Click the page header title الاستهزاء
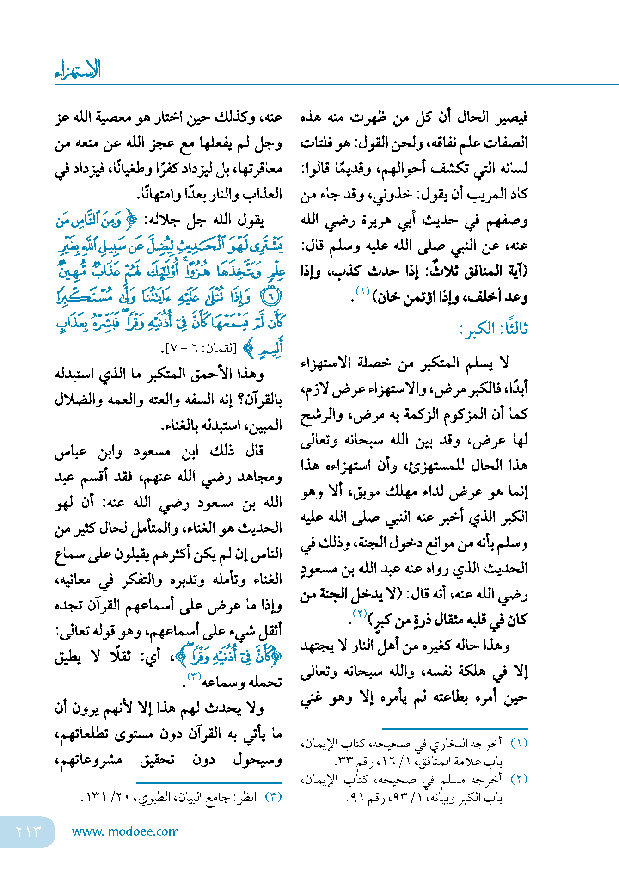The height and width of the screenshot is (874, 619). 77,70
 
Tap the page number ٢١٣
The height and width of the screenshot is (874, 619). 29,831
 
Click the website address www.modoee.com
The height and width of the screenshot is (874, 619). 125,831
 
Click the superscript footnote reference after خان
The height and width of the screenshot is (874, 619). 362,291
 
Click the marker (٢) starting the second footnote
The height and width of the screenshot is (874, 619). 519,780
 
